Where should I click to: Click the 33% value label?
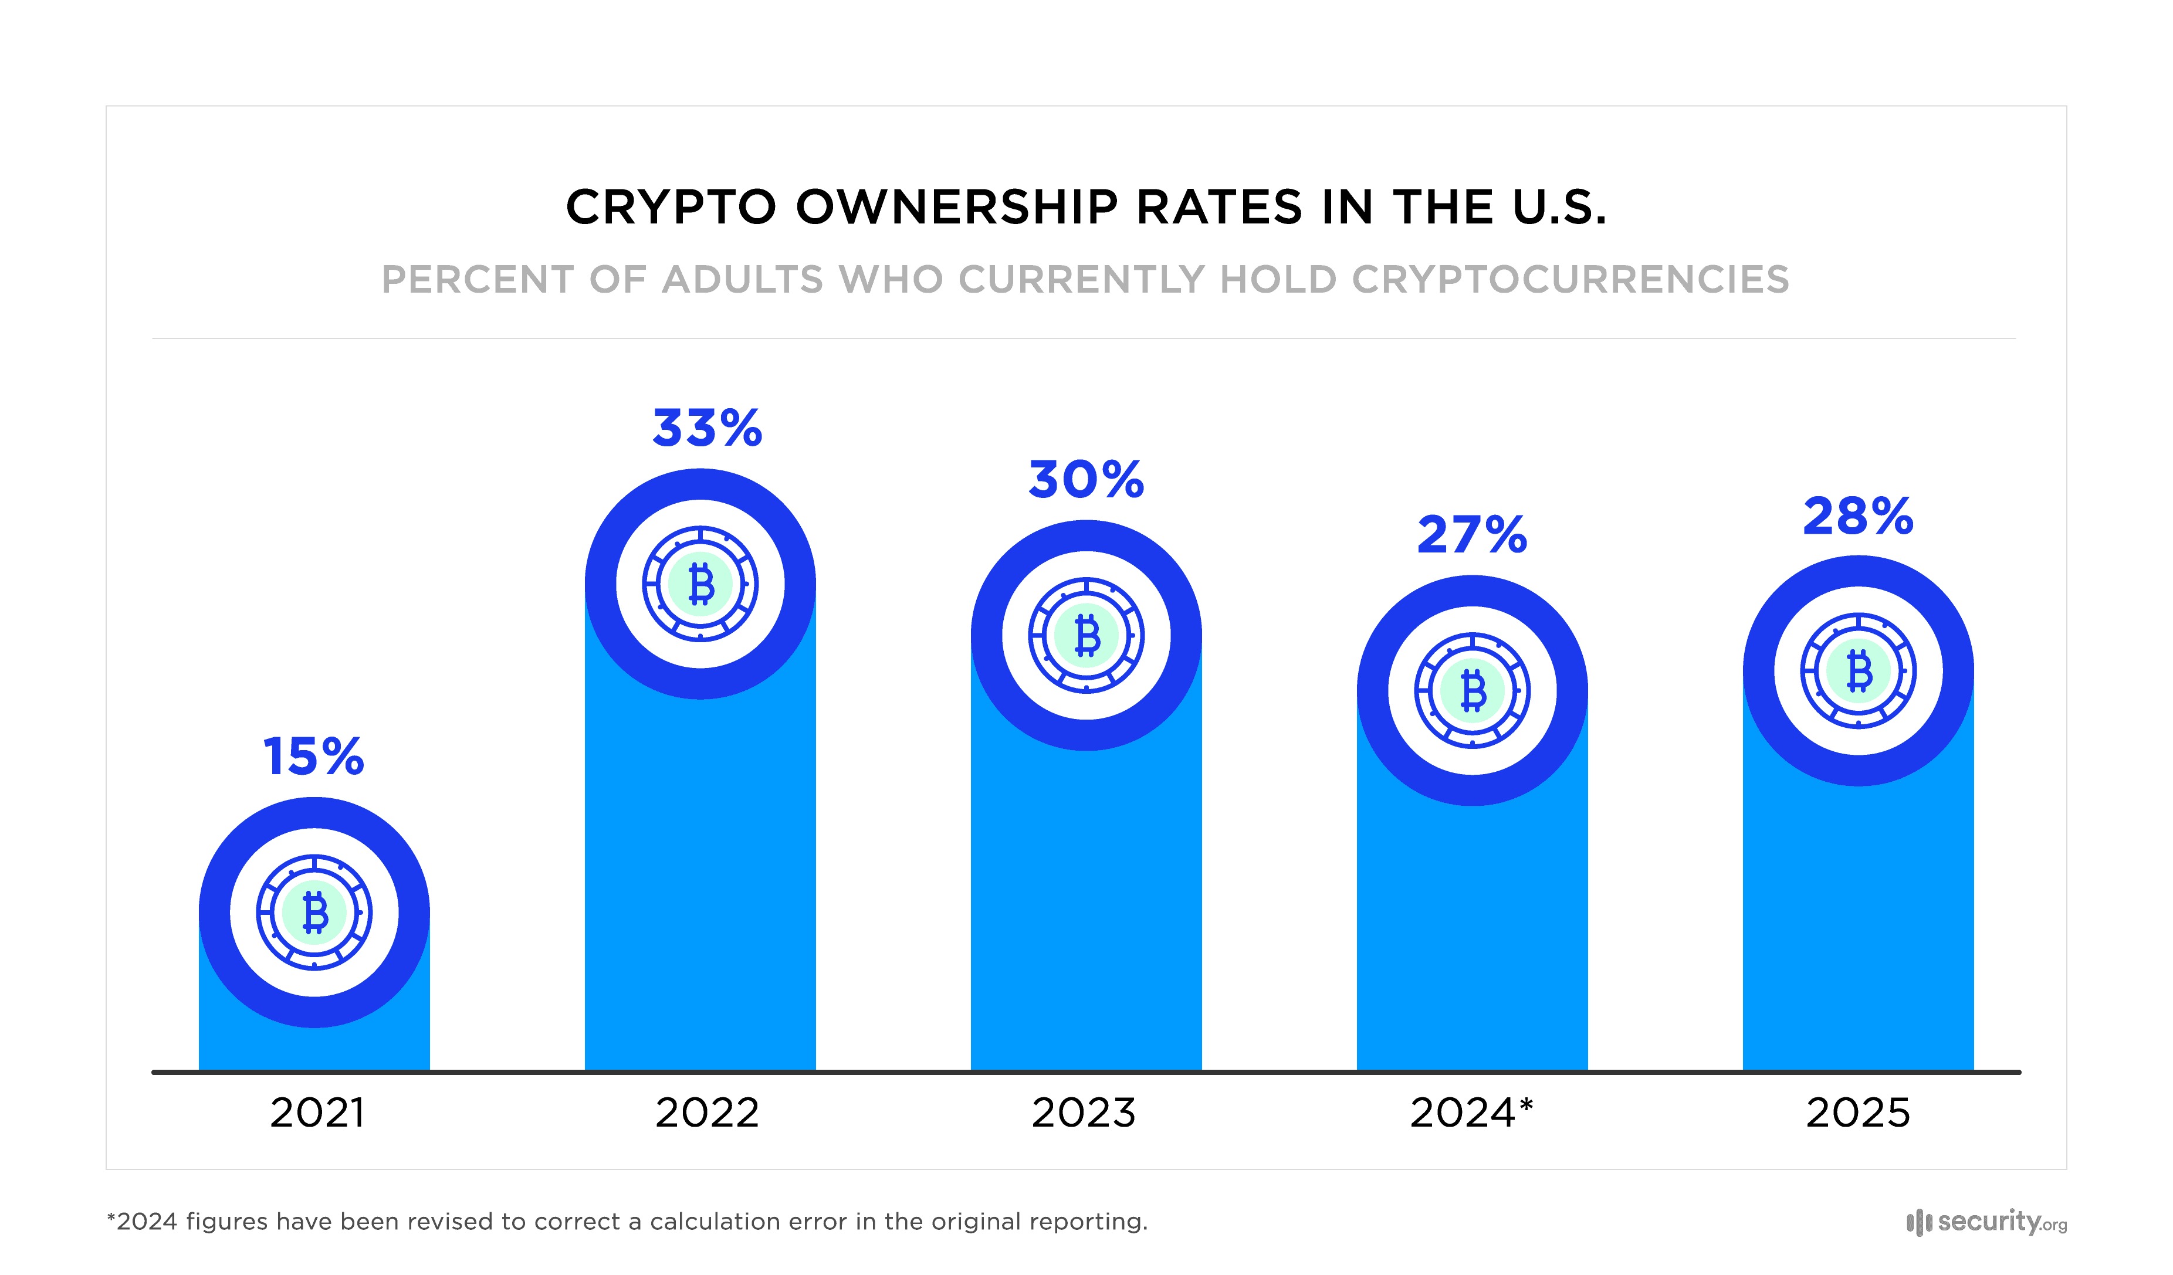point(707,429)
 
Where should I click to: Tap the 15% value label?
point(313,757)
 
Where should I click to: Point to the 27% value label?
point(1471,534)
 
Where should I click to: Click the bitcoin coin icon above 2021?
point(314,912)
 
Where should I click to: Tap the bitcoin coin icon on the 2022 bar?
point(700,584)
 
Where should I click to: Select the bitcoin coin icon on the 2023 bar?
point(1086,635)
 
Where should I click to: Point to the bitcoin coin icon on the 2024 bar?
point(1472,690)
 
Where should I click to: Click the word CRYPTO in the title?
point(671,208)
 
